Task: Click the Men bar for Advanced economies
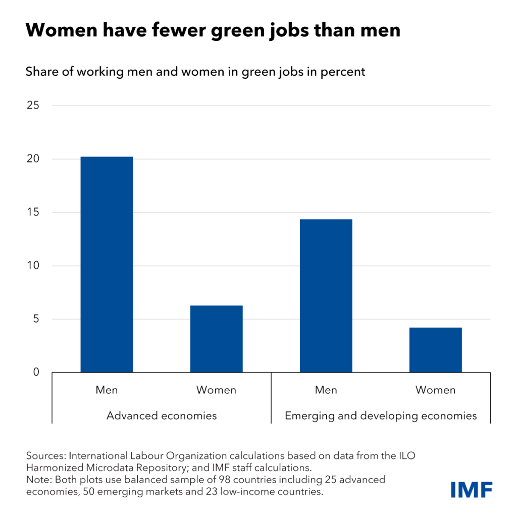point(107,265)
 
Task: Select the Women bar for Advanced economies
point(216,339)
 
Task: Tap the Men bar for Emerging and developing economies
point(326,296)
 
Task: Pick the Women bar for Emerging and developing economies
point(435,350)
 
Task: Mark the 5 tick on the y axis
point(35,319)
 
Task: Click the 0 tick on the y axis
point(35,373)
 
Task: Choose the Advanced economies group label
point(162,416)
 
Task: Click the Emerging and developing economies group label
point(381,416)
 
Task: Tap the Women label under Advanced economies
point(216,390)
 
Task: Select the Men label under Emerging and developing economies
point(326,390)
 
